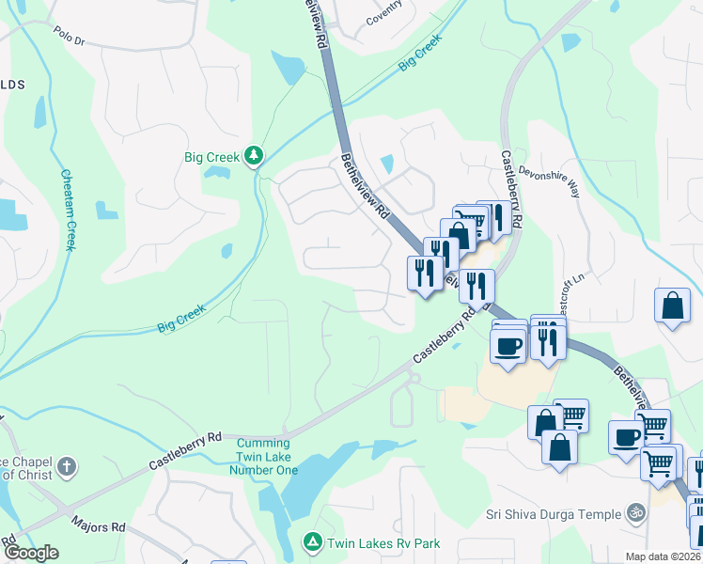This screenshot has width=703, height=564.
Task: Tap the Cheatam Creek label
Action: [68, 209]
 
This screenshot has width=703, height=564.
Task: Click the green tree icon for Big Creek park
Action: [254, 155]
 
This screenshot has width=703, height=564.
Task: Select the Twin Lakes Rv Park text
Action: [383, 543]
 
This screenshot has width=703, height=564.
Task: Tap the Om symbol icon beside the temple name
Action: [636, 513]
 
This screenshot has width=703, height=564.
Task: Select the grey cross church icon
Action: [67, 466]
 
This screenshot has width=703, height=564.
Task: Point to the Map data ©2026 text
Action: [663, 556]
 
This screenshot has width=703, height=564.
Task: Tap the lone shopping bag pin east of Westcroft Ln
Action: [672, 305]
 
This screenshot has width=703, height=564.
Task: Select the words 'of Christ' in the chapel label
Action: [26, 474]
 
